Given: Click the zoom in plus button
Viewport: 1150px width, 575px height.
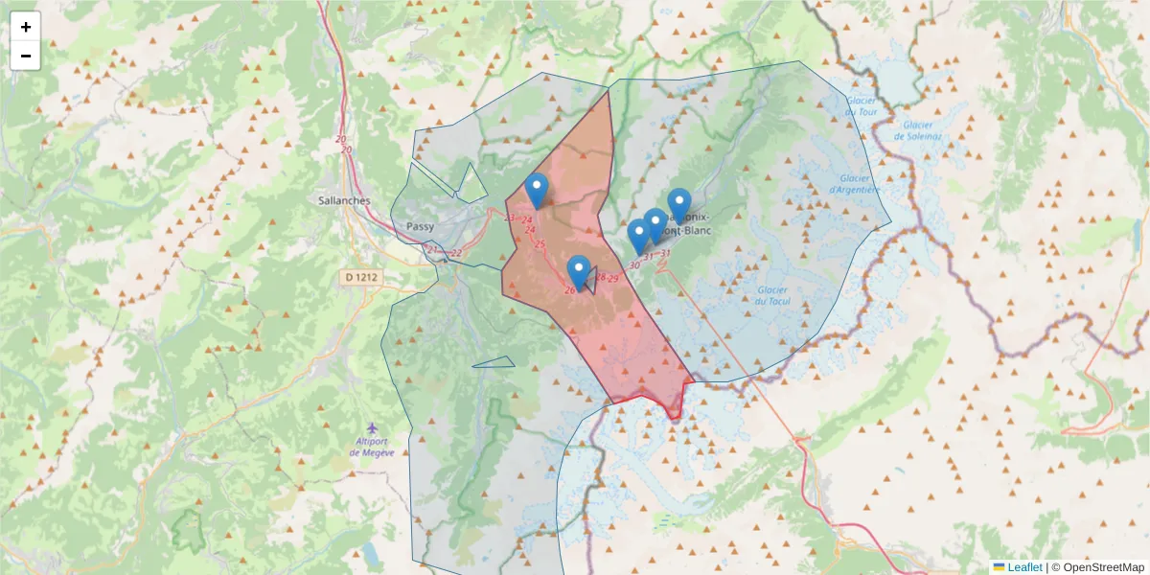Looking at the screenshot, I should tap(26, 27).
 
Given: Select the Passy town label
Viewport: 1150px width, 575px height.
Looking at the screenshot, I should tap(421, 227).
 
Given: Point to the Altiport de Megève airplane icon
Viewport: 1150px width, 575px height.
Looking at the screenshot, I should tap(372, 428).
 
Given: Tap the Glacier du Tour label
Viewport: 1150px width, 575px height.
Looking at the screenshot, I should tap(861, 106).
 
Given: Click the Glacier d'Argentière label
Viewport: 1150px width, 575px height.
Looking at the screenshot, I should tap(859, 183).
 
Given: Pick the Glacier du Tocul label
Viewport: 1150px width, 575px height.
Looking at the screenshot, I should tap(771, 296).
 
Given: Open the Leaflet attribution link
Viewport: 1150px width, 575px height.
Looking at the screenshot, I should tap(1023, 567).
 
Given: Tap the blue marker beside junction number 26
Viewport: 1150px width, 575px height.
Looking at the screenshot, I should tap(578, 271).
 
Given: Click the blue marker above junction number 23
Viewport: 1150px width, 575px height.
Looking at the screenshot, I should tap(538, 189).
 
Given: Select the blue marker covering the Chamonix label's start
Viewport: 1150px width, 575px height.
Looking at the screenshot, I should tap(679, 204).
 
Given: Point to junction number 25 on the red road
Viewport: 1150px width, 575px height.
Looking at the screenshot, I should tap(540, 244).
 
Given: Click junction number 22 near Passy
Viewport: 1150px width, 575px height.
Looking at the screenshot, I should tap(456, 253).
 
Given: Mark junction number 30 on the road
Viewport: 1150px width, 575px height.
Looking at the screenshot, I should tap(634, 265).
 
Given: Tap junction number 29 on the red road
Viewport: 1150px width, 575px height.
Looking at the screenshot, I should tap(612, 278).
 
